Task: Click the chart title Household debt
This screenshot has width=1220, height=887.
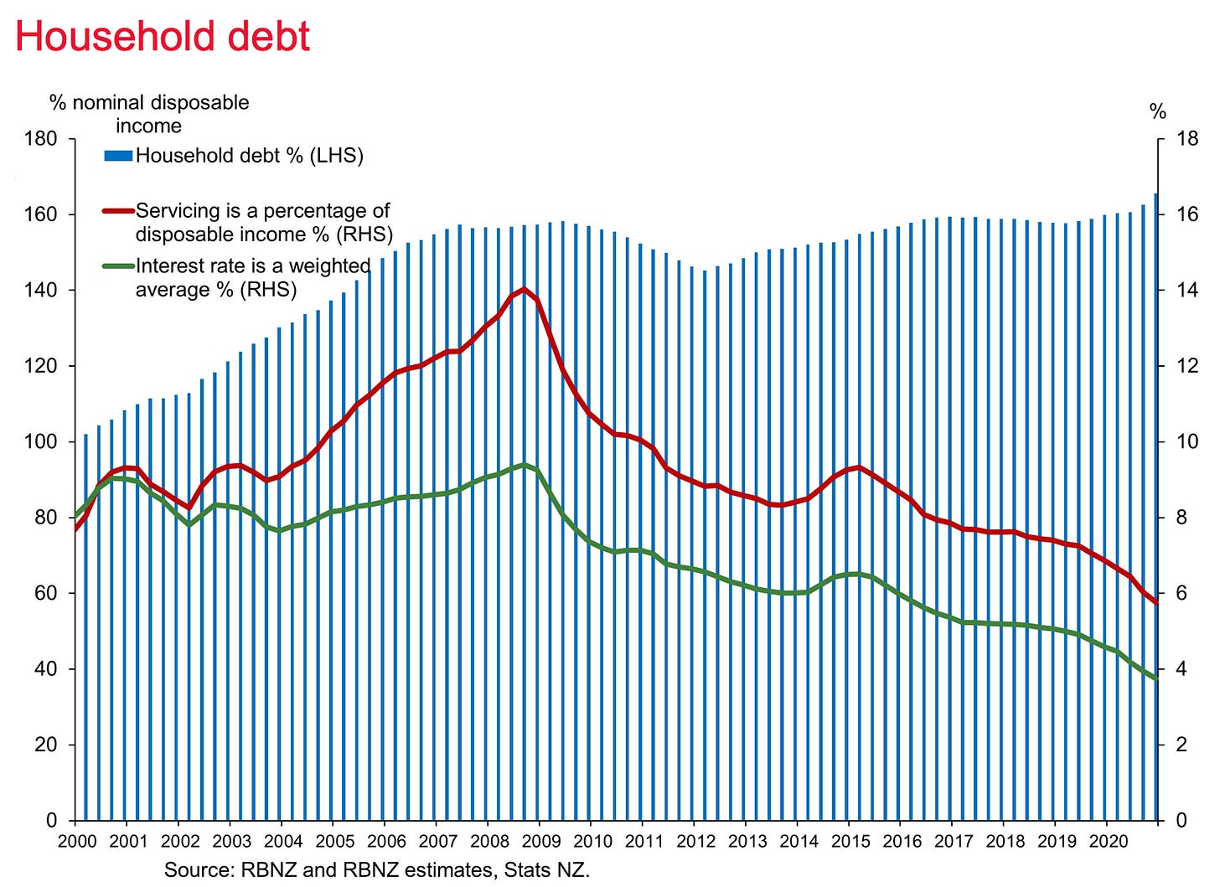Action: (x=163, y=37)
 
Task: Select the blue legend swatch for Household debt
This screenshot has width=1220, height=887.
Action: (x=118, y=156)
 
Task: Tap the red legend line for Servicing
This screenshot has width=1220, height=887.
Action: (x=118, y=210)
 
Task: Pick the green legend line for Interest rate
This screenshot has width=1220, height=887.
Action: (x=118, y=266)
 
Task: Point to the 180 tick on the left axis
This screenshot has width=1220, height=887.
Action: (x=40, y=139)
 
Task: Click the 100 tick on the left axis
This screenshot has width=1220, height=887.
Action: (x=40, y=441)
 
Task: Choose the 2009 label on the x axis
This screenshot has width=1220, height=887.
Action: (x=540, y=841)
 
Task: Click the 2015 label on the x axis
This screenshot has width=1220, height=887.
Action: (x=850, y=841)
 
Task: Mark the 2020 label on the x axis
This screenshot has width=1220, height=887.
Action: (x=1109, y=841)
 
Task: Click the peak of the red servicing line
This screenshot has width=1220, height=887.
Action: (x=524, y=289)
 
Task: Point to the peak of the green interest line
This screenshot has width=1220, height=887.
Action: (x=524, y=465)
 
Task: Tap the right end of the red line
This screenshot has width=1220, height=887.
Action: (x=1155, y=603)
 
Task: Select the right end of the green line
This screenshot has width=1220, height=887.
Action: (x=1155, y=678)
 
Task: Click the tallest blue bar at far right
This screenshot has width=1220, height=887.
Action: (x=1155, y=507)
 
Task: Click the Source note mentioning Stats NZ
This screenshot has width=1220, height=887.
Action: (x=377, y=870)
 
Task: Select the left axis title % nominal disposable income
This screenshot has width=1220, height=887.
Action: (x=149, y=114)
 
